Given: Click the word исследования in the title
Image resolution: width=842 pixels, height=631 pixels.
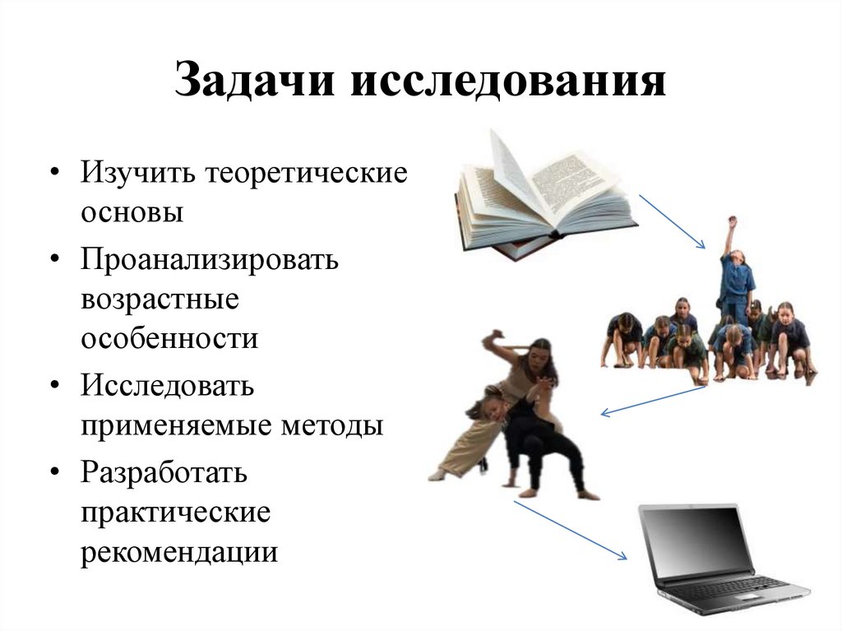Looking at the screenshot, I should pyautogui.click(x=509, y=83).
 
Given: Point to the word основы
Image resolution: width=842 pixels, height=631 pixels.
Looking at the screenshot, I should pyautogui.click(x=132, y=212).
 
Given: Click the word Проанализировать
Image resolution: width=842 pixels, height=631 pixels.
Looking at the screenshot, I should pyautogui.click(x=210, y=259).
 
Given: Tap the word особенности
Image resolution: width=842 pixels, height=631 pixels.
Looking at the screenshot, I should pyautogui.click(x=169, y=337).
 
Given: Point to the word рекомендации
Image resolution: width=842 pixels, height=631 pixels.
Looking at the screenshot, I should pyautogui.click(x=178, y=551).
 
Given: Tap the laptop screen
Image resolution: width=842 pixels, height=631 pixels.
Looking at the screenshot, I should pyautogui.click(x=696, y=539).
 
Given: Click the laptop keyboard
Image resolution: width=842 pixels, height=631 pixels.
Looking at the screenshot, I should pyautogui.click(x=724, y=587).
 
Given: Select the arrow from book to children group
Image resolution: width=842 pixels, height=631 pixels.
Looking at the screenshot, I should pyautogui.click(x=672, y=221).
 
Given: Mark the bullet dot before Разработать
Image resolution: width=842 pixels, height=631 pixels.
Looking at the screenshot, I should pyautogui.click(x=54, y=474).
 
